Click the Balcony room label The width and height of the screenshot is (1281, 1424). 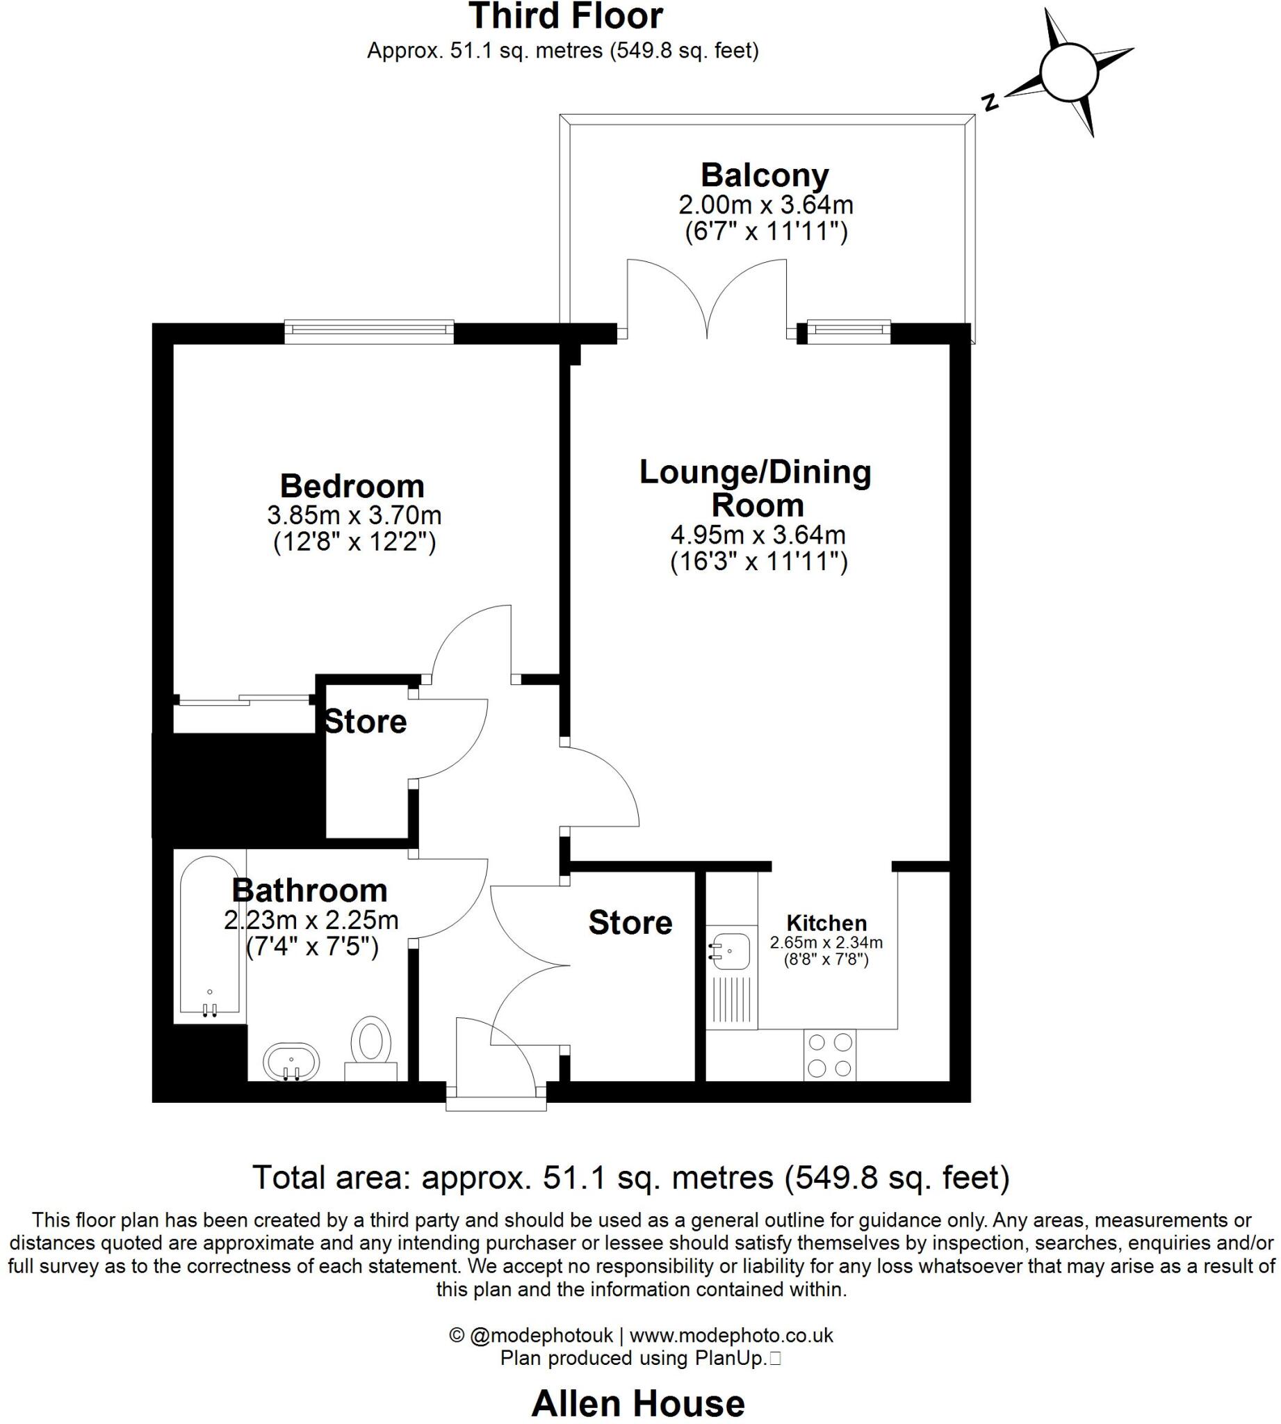765,175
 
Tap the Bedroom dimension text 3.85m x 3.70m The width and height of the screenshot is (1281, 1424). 354,515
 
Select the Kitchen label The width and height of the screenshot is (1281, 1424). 826,923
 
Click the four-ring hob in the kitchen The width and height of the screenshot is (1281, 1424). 830,1054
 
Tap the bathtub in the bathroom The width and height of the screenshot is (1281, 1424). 209,936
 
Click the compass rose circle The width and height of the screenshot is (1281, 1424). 1068,72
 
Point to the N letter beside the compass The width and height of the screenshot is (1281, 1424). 991,103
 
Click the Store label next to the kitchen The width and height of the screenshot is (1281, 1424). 630,923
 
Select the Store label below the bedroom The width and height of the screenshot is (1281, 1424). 366,722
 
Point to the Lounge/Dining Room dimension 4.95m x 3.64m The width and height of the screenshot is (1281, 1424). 758,535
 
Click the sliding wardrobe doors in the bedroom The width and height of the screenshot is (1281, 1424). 244,700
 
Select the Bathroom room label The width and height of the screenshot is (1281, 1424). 310,890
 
